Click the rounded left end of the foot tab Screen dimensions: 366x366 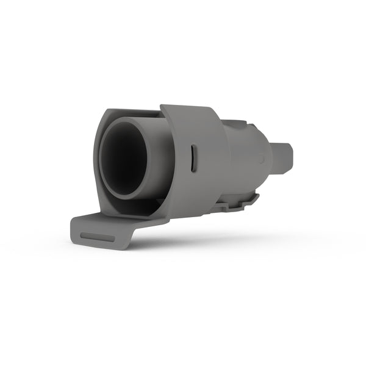pyautogui.click(x=73, y=229)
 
